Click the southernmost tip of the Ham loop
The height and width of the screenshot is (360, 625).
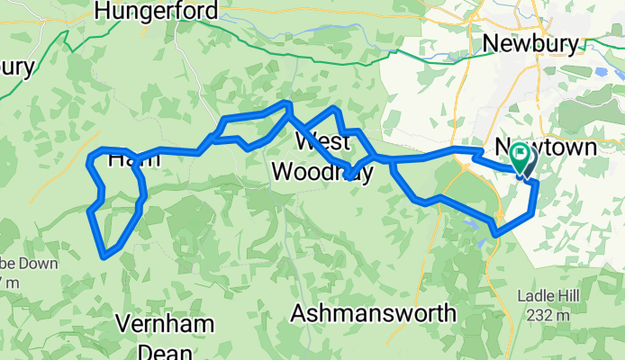(105, 256)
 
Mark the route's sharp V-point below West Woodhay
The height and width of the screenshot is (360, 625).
(349, 178)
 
